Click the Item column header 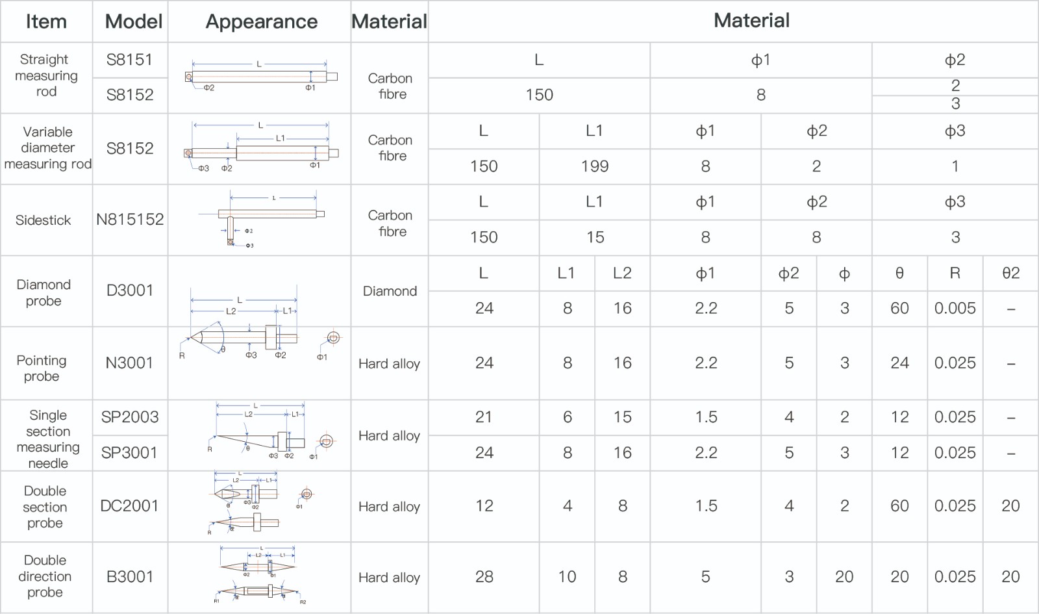click(x=46, y=21)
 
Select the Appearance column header click(x=261, y=21)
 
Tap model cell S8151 click(x=130, y=60)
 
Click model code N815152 click(x=130, y=220)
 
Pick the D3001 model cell click(x=130, y=290)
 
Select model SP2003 click(x=130, y=417)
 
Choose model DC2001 click(x=130, y=506)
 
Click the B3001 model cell click(x=130, y=577)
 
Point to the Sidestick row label click(x=44, y=220)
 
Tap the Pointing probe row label click(x=42, y=368)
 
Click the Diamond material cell click(x=390, y=291)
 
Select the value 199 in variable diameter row click(x=595, y=166)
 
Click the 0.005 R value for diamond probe click(x=955, y=309)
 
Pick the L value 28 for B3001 click(x=484, y=577)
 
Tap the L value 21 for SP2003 click(x=484, y=417)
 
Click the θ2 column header click(x=1010, y=274)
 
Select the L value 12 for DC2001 click(x=484, y=506)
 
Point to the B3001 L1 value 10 click(x=567, y=577)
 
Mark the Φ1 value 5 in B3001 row click(x=705, y=577)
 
